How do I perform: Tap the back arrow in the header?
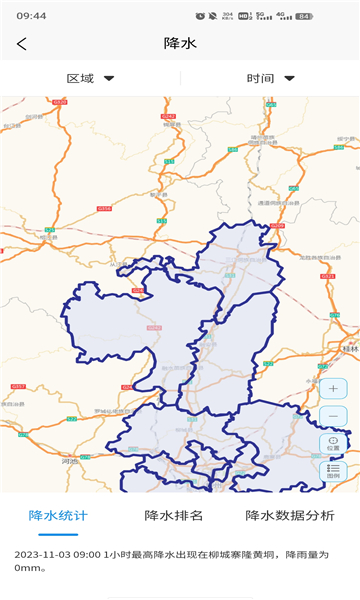22,44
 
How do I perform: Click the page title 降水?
180,44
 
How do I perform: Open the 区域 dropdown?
90,78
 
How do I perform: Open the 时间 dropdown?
270,78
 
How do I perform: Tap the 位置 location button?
333,443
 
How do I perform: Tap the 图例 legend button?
333,472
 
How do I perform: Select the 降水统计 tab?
58,516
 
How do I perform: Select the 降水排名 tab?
174,516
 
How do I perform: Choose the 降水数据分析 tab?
290,516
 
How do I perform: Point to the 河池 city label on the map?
68,462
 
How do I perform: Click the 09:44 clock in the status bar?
31,16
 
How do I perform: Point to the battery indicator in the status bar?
304,16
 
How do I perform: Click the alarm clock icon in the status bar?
200,16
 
